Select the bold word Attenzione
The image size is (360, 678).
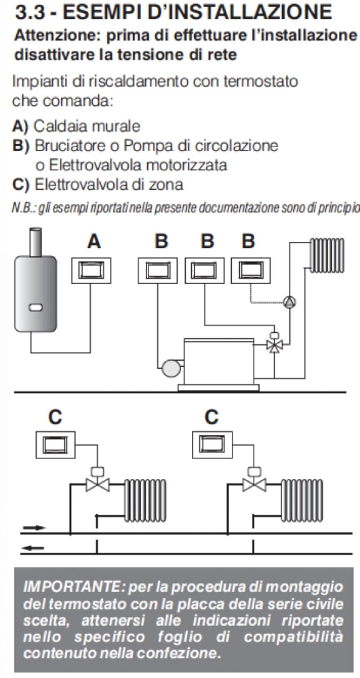click(47, 37)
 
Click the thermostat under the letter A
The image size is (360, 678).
click(91, 271)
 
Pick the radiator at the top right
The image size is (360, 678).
click(327, 256)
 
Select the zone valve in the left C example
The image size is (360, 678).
click(98, 479)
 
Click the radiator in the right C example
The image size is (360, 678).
click(301, 500)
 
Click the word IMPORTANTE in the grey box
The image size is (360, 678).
click(68, 588)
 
